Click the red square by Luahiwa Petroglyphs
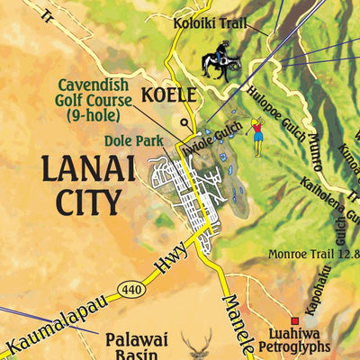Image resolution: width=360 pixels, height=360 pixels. [x=294, y=321]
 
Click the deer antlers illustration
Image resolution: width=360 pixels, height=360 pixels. [x=198, y=345]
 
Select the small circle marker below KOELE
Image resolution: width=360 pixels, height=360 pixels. [x=184, y=123]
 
